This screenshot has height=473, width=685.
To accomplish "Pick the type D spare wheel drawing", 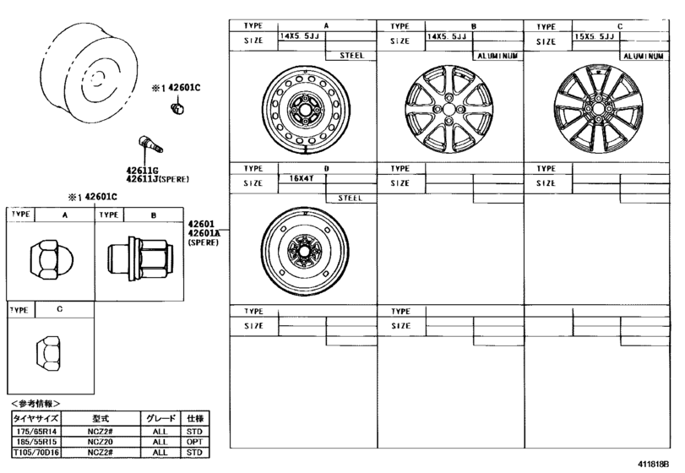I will [x=302, y=250].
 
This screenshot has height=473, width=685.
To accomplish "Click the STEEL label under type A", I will [x=351, y=55].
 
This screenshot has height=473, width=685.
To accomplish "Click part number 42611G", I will [x=143, y=171].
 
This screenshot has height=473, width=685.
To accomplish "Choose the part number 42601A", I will [x=203, y=233].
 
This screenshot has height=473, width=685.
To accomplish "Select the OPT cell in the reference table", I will [x=195, y=441].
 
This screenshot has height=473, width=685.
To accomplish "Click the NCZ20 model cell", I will [x=94, y=441].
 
